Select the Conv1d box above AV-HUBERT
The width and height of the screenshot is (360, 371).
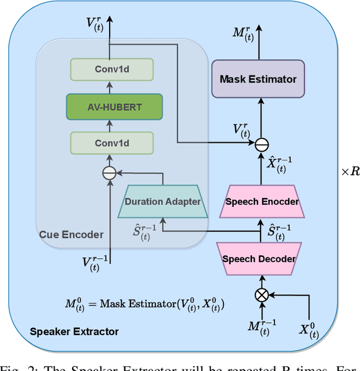pos(111,69)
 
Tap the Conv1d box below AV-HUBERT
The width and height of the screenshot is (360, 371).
pos(111,143)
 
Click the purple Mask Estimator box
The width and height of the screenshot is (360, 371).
pos(258,79)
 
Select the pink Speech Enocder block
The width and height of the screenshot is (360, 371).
pos(261,201)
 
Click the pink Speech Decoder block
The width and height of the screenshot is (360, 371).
pos(259,259)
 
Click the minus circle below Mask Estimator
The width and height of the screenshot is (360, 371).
pos(262,145)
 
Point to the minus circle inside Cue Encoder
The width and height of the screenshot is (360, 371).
pos(109,174)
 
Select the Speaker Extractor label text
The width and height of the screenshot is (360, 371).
pos(74,331)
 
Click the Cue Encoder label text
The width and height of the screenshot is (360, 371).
pos(71,234)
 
